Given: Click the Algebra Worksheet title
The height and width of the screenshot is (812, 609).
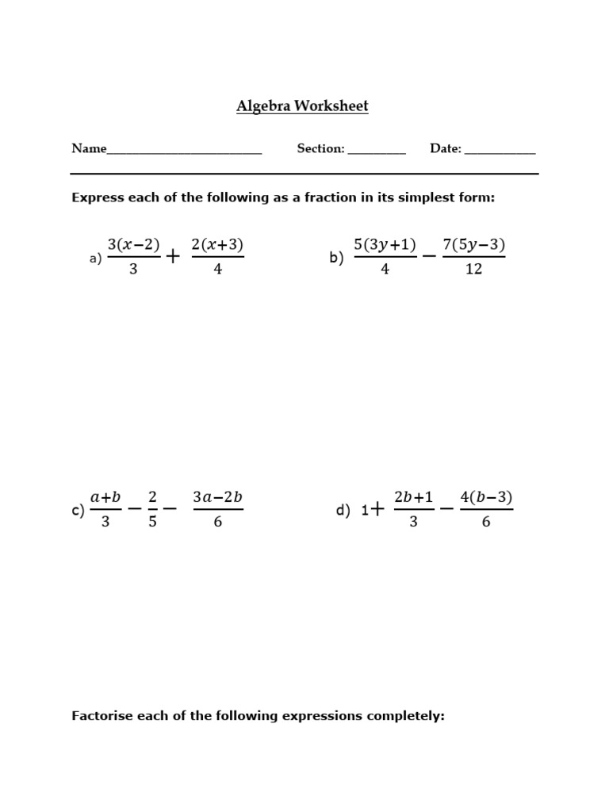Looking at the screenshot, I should tap(302, 106).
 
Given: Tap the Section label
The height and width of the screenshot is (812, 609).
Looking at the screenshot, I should tap(320, 148).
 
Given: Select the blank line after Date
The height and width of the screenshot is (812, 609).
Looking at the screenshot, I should tap(500, 151).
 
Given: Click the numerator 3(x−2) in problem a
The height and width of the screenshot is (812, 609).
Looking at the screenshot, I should tap(133, 245).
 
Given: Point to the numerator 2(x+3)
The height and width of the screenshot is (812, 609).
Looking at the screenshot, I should tap(217, 245).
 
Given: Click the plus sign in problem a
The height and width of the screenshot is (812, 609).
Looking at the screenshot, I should tap(174, 257).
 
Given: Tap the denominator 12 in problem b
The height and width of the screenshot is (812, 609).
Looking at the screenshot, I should tap(473, 270).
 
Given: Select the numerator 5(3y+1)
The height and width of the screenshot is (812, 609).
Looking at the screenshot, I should tap(385, 245).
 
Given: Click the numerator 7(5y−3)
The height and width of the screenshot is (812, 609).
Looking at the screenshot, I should tap(473, 245).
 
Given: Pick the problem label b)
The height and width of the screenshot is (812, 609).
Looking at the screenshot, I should tap(336, 258).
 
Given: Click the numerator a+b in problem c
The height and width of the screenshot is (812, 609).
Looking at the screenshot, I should tap(105, 497).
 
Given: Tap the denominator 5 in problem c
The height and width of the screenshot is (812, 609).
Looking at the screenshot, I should tap(152, 523).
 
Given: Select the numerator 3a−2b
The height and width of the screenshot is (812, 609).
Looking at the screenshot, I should tap(217, 497).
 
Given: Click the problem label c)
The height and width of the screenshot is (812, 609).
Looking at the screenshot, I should tap(78, 511).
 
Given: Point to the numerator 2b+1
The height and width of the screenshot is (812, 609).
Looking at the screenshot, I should tap(413, 497).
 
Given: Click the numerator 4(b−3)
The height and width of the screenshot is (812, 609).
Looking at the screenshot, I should tap(486, 497).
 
